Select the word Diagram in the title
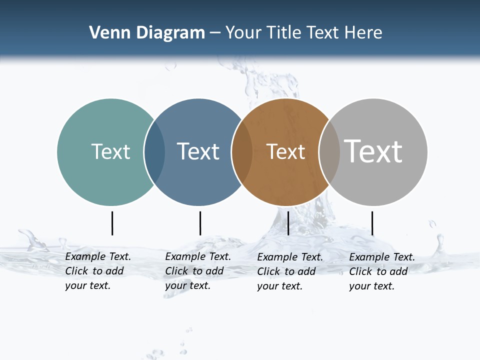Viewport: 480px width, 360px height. click(170, 33)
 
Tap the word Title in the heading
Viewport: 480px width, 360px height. click(285, 33)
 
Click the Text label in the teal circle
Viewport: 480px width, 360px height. click(110, 151)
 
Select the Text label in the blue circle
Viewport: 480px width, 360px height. click(198, 151)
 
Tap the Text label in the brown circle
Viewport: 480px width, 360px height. click(285, 152)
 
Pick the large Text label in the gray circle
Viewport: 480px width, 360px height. click(373, 151)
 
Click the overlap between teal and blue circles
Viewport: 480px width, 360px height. click(155, 152)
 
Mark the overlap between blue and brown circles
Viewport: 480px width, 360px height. click(242, 152)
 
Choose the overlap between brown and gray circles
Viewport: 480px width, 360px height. click(329, 152)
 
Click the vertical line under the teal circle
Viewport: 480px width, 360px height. click(112, 223)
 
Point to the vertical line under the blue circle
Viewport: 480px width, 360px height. click(200, 223)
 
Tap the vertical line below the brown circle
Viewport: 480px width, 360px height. click(288, 223)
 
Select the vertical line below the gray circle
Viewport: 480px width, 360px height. click(372, 223)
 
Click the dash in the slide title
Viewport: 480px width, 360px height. click(215, 33)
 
